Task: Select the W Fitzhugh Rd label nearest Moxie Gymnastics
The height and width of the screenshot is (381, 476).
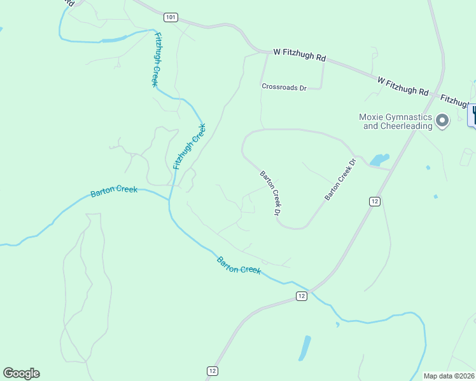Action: [x=403, y=86]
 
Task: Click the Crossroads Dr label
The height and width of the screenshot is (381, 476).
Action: [x=284, y=87]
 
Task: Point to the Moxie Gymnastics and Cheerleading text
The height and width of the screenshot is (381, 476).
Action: [x=395, y=121]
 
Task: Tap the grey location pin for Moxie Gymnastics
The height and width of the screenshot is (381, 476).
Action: [x=443, y=119]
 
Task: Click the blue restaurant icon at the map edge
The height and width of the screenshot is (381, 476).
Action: [x=473, y=115]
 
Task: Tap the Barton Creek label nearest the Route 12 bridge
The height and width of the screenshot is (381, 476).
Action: [x=239, y=265]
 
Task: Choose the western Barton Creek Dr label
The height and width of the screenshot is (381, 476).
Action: [x=270, y=192]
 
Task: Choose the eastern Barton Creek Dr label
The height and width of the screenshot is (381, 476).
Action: [x=338, y=180]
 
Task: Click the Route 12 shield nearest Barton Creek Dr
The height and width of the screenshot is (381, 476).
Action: [x=374, y=201]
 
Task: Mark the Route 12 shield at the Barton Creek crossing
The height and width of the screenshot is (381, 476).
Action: [x=302, y=296]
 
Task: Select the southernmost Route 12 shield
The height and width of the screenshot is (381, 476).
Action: [x=213, y=371]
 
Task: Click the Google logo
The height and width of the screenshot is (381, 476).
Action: [x=21, y=373]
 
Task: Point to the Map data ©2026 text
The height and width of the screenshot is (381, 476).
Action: [x=449, y=376]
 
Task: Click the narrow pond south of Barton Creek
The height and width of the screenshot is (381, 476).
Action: [x=305, y=347]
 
